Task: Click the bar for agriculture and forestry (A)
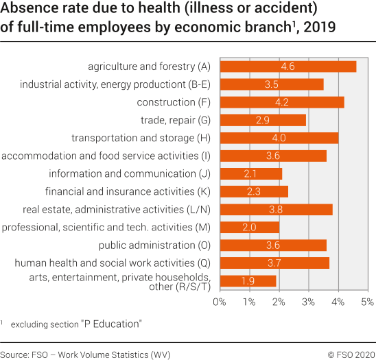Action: [x=287, y=67]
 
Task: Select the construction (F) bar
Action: [x=281, y=102]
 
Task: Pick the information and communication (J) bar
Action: [x=250, y=173]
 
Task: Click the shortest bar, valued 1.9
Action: [x=248, y=281]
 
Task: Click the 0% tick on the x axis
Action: [x=220, y=301]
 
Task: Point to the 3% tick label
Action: [x=309, y=301]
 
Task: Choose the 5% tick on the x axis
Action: [x=367, y=301]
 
